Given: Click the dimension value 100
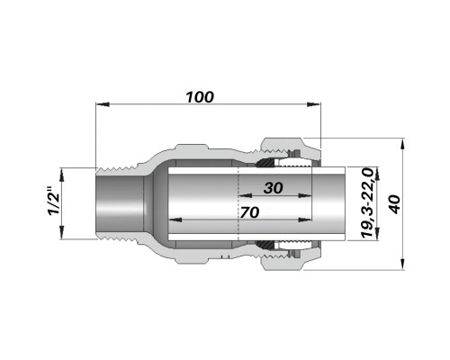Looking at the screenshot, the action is [200, 97].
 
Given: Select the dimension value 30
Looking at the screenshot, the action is [274, 188].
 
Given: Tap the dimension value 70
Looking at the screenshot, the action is [249, 212].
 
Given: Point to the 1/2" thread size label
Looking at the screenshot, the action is [53, 202].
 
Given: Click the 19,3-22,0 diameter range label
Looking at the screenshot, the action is [366, 203].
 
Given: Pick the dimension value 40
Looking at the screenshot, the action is [395, 204].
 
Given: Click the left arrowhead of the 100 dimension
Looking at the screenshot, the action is [103, 104].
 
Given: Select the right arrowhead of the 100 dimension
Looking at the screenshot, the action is [313, 104].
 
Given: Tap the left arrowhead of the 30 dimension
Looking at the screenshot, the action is [245, 196].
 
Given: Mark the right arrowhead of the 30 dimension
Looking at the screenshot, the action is [305, 196].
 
